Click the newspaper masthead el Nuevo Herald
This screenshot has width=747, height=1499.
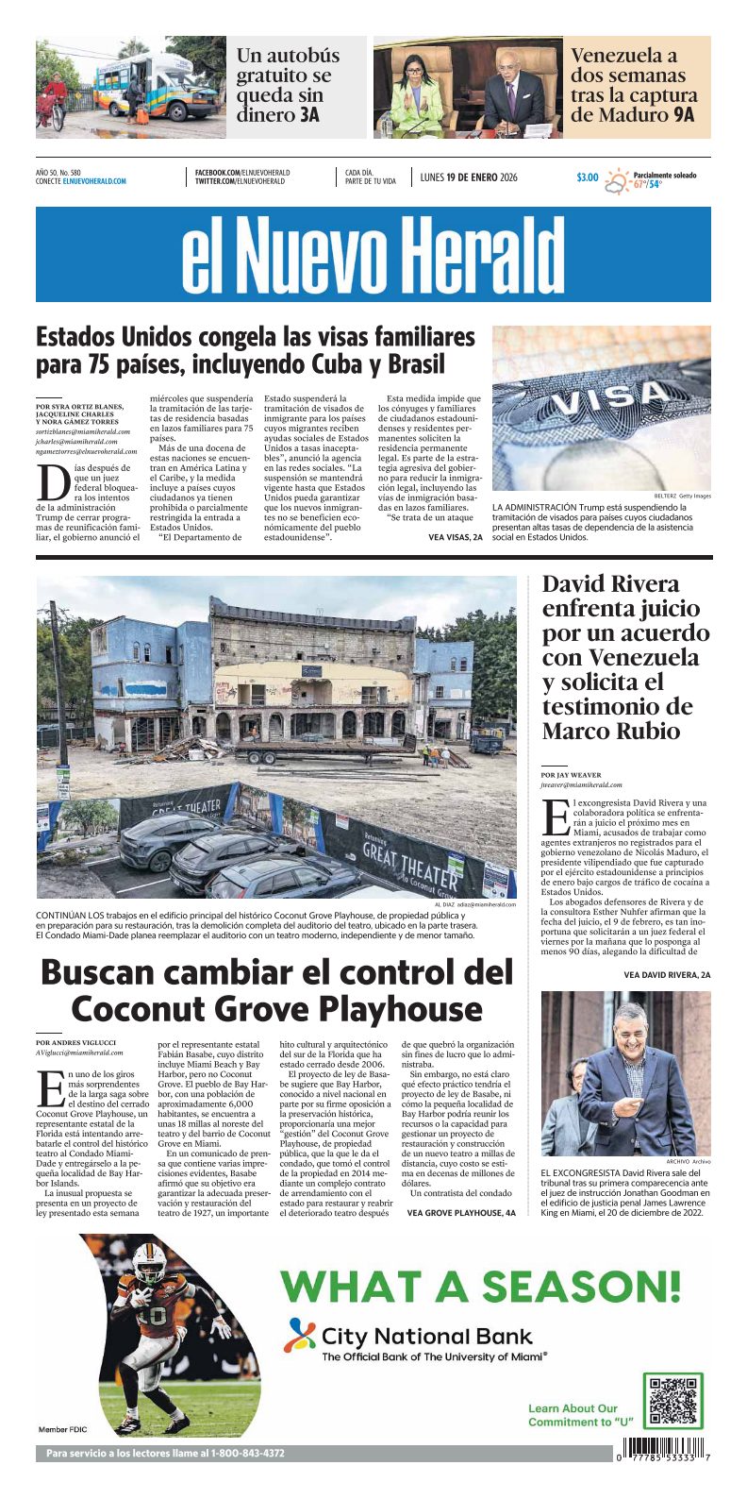[x=373, y=255]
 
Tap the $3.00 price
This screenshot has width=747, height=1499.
[x=587, y=177]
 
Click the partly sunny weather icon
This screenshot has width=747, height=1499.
[x=617, y=180]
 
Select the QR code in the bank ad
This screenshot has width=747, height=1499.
[x=673, y=1401]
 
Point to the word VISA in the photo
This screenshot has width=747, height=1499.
[x=604, y=397]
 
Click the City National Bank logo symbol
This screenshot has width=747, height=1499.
[x=301, y=1335]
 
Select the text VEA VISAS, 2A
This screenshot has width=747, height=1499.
[x=456, y=537]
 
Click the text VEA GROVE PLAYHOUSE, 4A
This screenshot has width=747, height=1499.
[x=461, y=1212]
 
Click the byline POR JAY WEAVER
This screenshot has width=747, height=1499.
[x=571, y=775]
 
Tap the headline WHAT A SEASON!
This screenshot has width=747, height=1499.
[x=480, y=1286]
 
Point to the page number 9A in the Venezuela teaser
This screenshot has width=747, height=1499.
[x=685, y=115]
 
